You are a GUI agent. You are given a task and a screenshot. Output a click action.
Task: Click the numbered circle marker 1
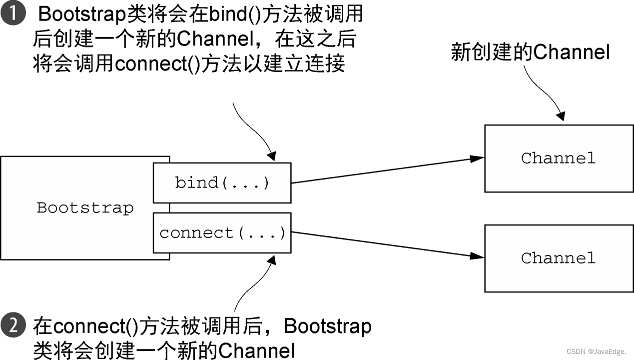click(x=13, y=13)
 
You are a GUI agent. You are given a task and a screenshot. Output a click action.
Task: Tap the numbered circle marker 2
click(x=13, y=325)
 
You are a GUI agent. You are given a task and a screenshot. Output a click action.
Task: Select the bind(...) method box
click(x=222, y=183)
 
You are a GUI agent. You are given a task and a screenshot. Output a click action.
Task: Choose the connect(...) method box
click(x=222, y=233)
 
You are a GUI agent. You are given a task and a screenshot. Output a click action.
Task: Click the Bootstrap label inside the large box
click(x=85, y=208)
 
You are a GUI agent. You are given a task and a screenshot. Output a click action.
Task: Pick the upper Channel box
click(x=559, y=158)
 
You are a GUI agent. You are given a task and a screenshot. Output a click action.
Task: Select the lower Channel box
click(x=559, y=258)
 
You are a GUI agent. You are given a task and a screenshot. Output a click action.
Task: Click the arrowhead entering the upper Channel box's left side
click(x=477, y=158)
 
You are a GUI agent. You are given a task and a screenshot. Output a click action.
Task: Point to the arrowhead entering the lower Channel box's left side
click(x=477, y=256)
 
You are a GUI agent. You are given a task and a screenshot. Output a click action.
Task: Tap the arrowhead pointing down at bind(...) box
click(x=272, y=156)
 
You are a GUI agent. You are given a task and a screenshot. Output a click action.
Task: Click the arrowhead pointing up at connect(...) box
click(x=272, y=260)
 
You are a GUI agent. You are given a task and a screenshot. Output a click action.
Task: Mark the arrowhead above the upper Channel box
click(x=561, y=116)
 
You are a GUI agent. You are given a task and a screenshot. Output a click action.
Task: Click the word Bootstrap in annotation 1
click(x=82, y=14)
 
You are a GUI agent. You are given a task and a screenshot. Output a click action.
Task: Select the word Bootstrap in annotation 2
click(x=328, y=326)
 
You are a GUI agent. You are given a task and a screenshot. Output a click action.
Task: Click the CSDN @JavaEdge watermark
click(x=597, y=351)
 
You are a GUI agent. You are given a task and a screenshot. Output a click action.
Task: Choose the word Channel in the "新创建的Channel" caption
click(x=572, y=52)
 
